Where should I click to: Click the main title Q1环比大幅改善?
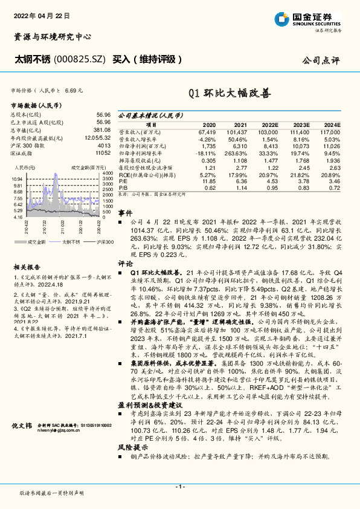coord(228,94)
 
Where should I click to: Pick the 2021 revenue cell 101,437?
coord(237,131)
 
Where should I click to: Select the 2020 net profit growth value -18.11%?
coord(206,155)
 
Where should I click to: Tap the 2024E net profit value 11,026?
coord(330,146)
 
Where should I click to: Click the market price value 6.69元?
coord(73,90)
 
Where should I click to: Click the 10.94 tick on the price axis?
coord(17,180)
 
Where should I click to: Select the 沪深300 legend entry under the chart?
coord(102,241)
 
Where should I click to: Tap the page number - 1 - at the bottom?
coord(180,487)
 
